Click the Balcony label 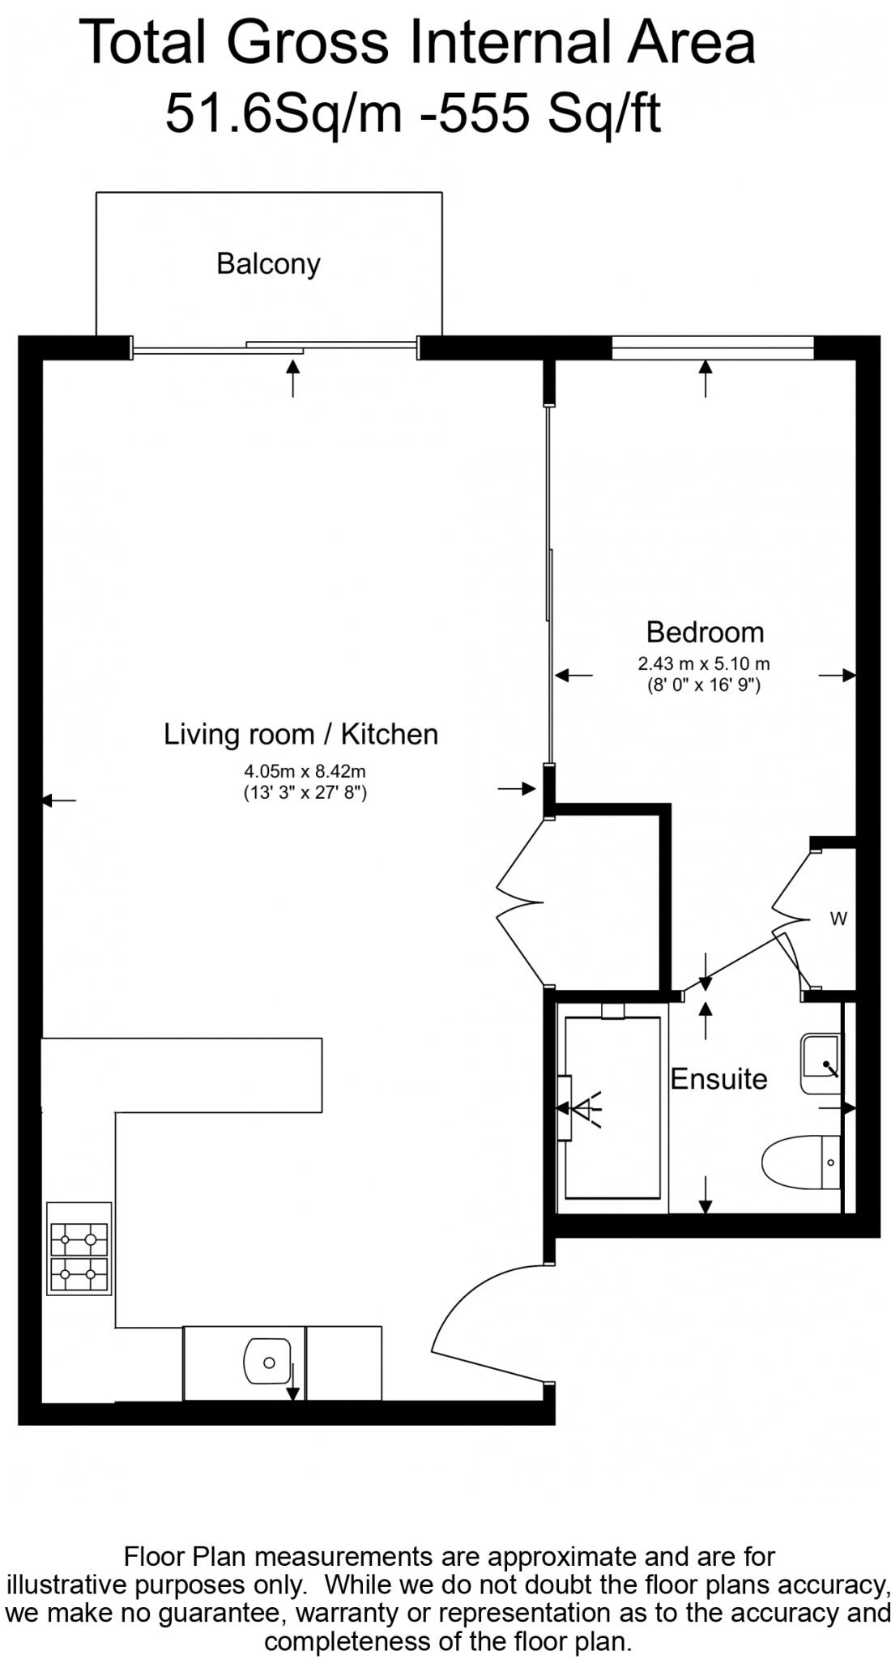point(268,264)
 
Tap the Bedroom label point(704,632)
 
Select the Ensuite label point(718,1079)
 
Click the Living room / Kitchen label point(301,735)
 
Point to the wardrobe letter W point(838,919)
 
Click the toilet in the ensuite point(798,1162)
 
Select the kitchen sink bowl point(267,1363)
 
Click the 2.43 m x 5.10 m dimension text point(703,664)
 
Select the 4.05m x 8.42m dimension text point(305,772)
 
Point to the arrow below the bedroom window point(706,378)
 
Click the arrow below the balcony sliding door point(293,378)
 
